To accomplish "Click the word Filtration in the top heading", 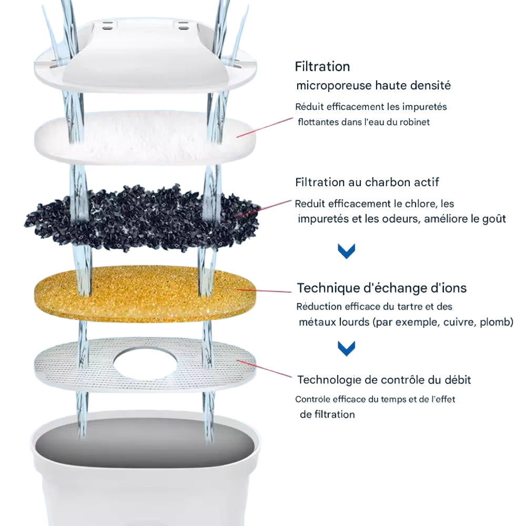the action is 322,66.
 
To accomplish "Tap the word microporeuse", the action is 334,86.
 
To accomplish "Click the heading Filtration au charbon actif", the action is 367,182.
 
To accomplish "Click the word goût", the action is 494,219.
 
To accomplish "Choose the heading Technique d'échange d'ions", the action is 382,288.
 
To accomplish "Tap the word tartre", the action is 410,307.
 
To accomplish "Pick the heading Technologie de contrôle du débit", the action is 384,380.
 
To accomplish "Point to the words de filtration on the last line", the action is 327,414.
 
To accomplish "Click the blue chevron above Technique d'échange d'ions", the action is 347,251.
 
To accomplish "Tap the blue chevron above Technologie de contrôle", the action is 347,348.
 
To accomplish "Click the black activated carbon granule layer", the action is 143,218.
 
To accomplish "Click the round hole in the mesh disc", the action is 145,364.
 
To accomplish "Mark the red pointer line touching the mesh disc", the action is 264,368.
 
